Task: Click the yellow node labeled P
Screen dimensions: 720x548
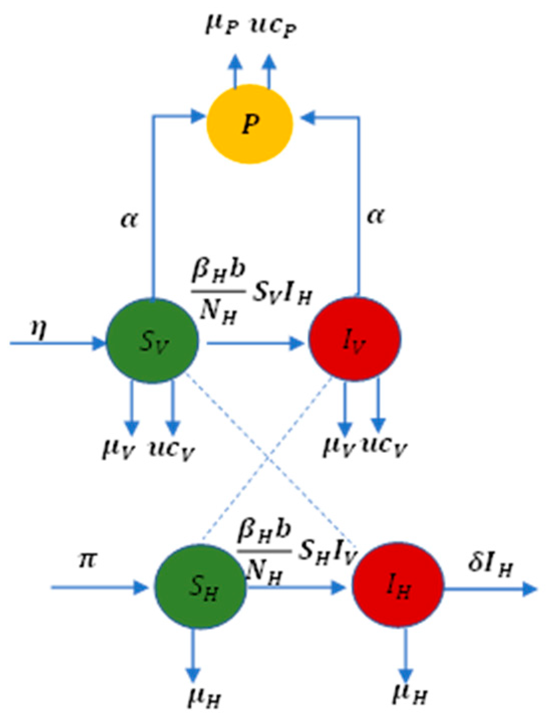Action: [x=249, y=123]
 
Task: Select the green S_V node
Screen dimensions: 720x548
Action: [x=153, y=342]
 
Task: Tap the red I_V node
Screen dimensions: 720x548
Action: [x=354, y=339]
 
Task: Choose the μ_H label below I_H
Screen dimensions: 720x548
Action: [x=410, y=693]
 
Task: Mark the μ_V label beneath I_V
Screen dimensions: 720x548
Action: [x=338, y=446]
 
